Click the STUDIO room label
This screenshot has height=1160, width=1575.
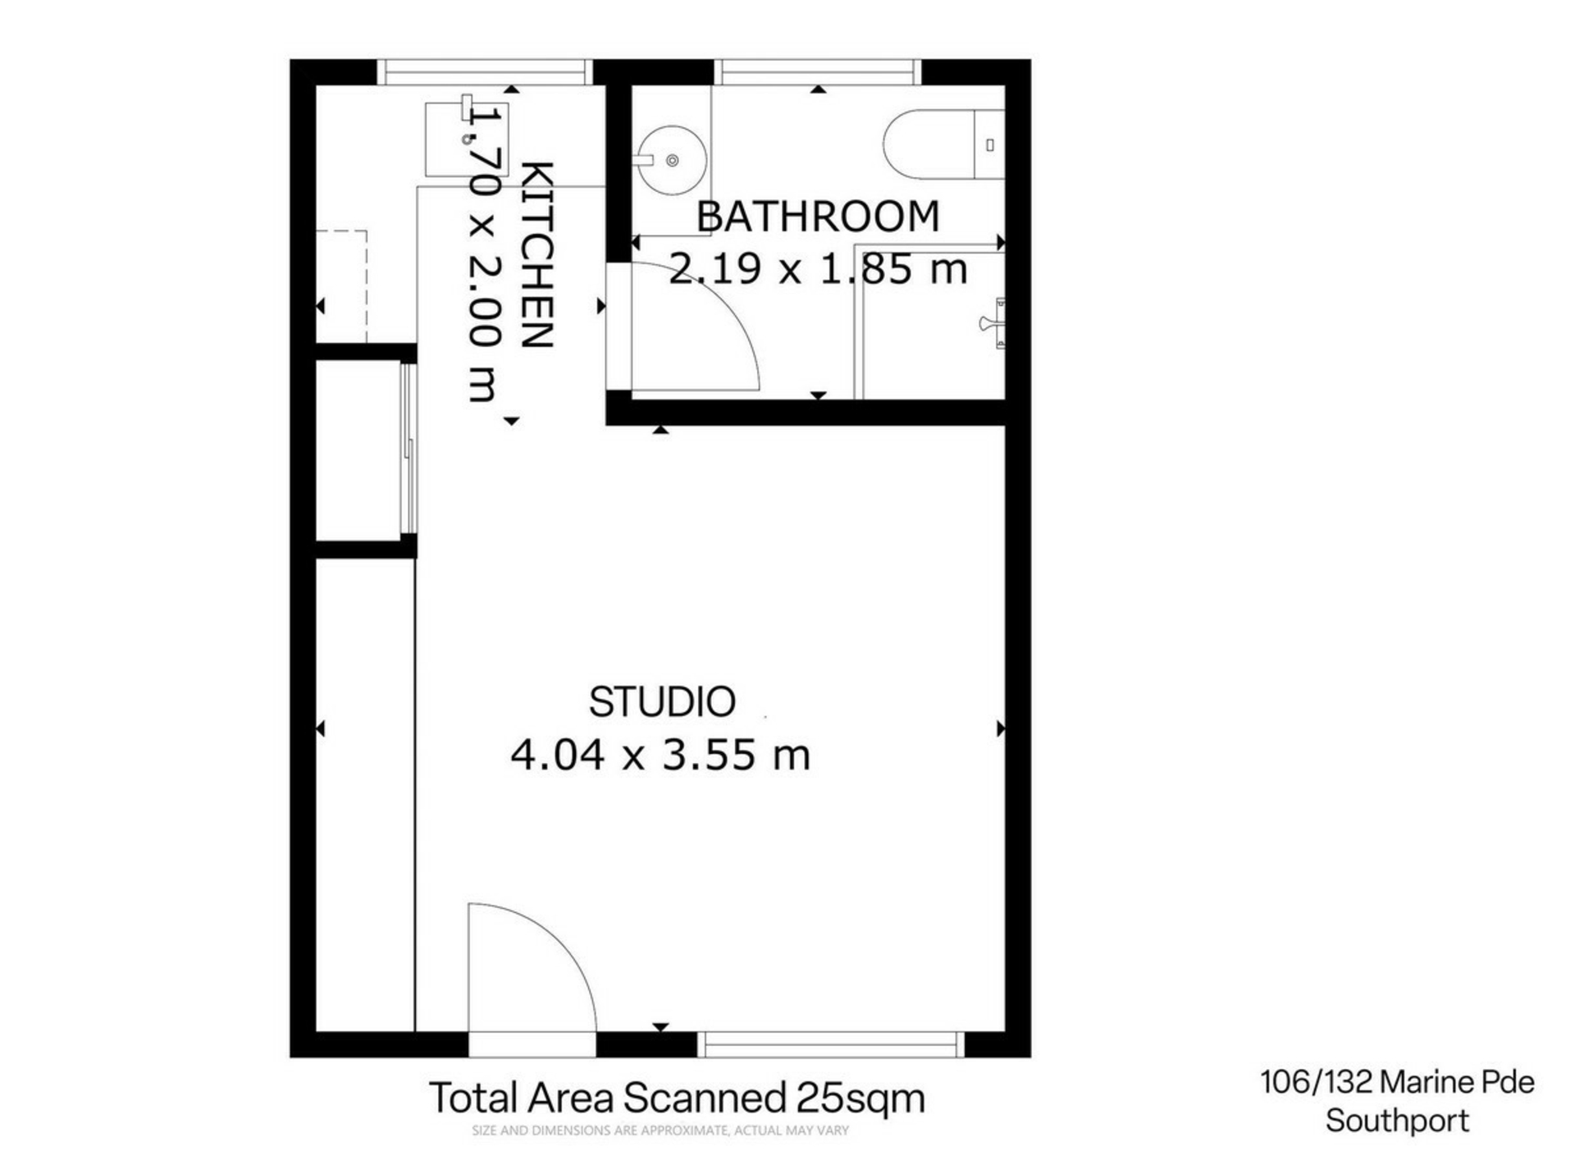pos(662,702)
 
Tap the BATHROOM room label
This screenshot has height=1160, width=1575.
pos(818,217)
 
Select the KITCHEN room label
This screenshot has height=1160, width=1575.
pos(539,255)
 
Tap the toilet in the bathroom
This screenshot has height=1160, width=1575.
pos(944,144)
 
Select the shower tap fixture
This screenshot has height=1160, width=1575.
pos(994,323)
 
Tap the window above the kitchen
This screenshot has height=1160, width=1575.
pos(485,71)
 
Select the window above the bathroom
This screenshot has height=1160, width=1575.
pos(817,71)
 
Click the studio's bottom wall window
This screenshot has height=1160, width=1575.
pos(831,1044)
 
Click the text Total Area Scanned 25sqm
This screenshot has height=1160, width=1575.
pos(677,1098)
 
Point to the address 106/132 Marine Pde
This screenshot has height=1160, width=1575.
pos(1397,1082)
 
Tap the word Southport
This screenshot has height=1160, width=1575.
pos(1397,1121)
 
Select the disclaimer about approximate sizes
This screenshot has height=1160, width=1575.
pos(660,1130)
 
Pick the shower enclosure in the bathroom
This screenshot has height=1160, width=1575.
pos(930,322)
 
